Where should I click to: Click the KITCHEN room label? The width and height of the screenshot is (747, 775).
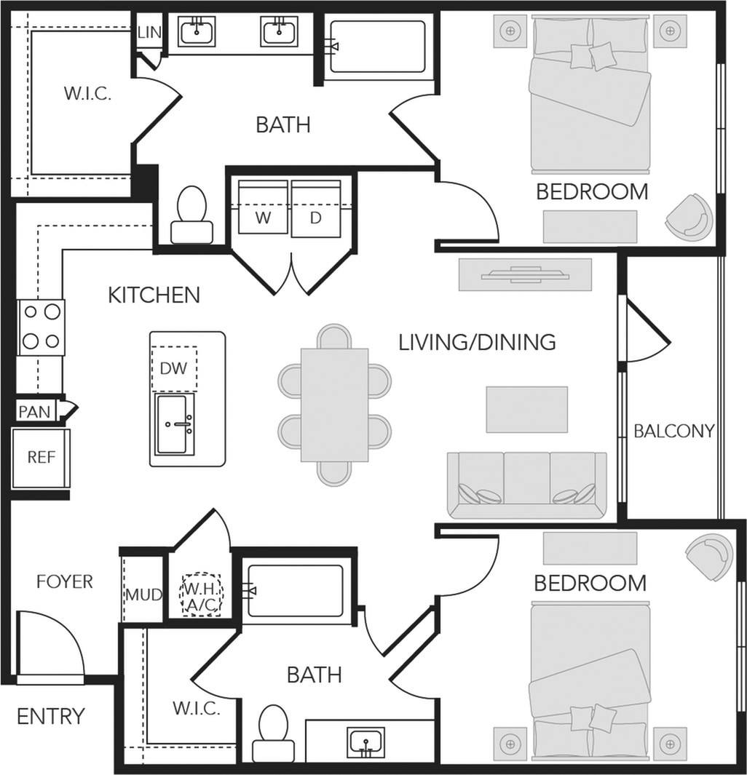(154, 295)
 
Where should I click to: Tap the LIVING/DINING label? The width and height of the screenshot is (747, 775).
(477, 341)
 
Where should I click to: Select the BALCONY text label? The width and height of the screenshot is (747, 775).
(673, 430)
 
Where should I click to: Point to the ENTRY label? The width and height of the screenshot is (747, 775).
(51, 716)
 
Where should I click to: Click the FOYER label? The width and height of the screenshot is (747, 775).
(65, 581)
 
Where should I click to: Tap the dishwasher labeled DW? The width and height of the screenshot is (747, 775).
(173, 368)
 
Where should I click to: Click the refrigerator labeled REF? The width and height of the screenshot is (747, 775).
(41, 458)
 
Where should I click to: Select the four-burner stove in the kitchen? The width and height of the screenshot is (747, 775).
(41, 327)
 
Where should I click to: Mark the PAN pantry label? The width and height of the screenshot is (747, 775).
(34, 412)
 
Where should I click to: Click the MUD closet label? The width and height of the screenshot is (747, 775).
(143, 595)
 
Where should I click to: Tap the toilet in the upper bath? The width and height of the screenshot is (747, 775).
(192, 214)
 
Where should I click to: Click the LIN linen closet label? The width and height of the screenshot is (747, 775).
(149, 33)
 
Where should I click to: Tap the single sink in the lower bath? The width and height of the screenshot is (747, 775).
(365, 742)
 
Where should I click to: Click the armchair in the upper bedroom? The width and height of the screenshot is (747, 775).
(690, 217)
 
